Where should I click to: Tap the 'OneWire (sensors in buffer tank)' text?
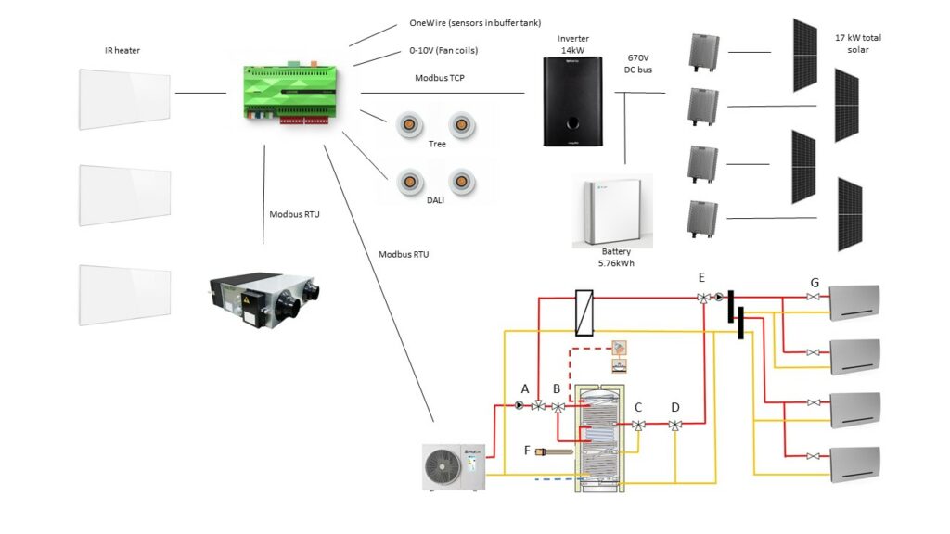(x=475, y=23)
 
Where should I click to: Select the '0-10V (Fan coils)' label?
(x=444, y=50)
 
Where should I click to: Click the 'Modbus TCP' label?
(x=440, y=79)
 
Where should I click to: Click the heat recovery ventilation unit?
(x=263, y=297)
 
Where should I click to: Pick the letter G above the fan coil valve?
(x=815, y=281)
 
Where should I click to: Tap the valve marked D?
(x=675, y=426)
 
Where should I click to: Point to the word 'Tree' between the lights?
(x=437, y=145)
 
